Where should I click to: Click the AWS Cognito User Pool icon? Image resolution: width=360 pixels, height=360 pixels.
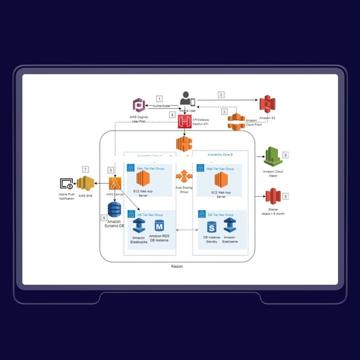coord(139,105)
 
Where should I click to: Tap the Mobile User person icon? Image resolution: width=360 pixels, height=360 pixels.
coord(185,99)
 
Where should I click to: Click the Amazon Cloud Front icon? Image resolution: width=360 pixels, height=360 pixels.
coord(236,122)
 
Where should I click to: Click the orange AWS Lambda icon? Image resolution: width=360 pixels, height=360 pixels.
coord(115,184)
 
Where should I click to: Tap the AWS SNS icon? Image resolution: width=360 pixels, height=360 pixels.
coord(85,184)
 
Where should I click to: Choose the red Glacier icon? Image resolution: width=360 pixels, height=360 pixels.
coord(273,197)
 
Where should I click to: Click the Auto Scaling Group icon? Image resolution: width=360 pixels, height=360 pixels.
coord(184,176)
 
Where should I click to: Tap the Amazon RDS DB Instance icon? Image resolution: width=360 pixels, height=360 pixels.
coord(159,226)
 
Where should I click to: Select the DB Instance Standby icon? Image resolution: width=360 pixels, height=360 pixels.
coord(211,227)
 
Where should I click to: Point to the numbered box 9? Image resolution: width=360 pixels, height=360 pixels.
coord(285,155)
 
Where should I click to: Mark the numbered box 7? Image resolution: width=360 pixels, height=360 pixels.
coord(85,169)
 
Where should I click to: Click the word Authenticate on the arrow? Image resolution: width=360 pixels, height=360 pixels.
coord(162,106)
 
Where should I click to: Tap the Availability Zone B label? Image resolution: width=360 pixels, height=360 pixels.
coord(220,154)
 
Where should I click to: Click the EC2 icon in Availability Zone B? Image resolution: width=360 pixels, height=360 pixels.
coord(221,180)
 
